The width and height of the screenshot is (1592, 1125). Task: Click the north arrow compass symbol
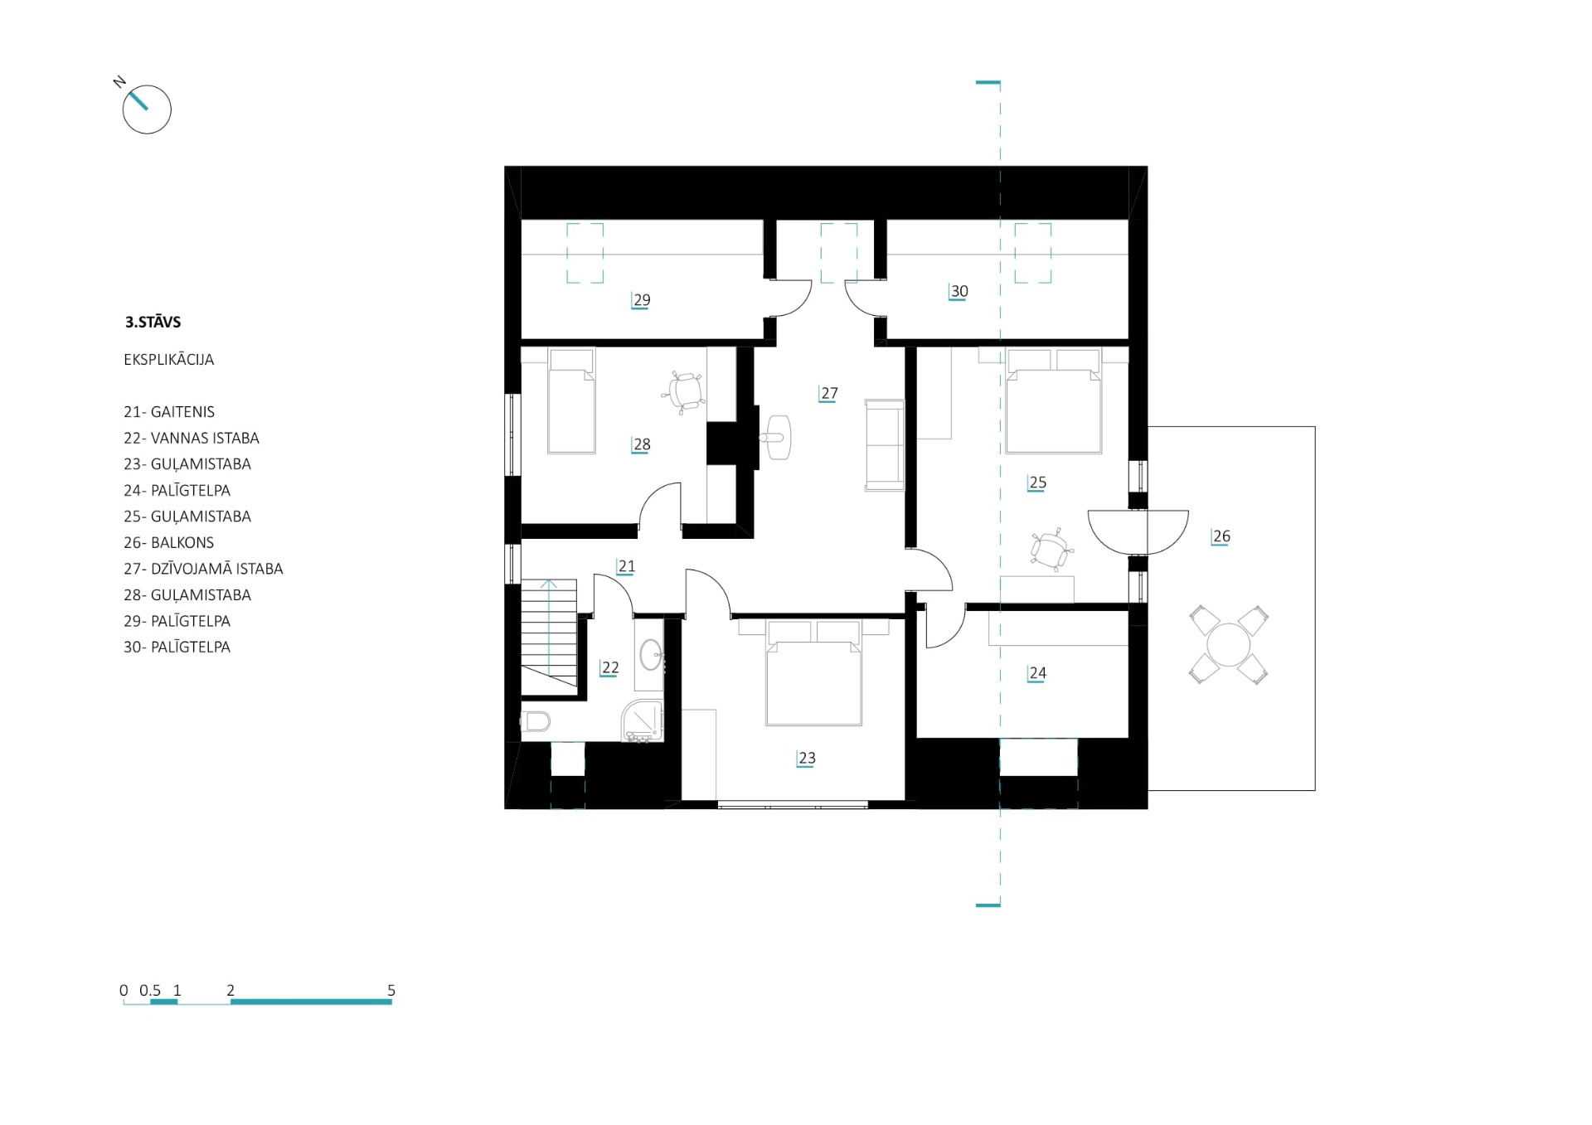coord(147,109)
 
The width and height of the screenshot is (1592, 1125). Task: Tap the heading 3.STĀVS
coord(153,322)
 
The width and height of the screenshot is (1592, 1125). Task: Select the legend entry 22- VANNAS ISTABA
coord(192,438)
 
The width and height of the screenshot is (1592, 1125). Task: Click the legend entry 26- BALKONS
coord(169,542)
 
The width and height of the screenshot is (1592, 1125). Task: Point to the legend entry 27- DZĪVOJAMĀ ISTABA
coord(203,569)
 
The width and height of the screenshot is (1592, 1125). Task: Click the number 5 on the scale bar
coord(391,990)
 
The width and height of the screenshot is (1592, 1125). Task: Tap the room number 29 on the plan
coord(641,300)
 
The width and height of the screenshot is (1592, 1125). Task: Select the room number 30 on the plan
coord(959,291)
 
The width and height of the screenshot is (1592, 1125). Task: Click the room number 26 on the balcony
coord(1221,536)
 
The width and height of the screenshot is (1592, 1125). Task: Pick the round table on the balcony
coord(1228,644)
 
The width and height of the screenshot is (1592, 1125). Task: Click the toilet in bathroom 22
coord(536,721)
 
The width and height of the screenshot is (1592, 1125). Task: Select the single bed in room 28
coord(571,401)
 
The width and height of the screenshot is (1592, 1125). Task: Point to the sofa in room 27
coord(884,444)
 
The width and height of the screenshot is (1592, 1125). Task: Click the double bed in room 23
coord(813,672)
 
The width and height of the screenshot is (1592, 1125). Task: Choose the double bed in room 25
coord(1053,400)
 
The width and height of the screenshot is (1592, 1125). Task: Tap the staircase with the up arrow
coord(549,633)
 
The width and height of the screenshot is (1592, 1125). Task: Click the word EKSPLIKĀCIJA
coord(169,360)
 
